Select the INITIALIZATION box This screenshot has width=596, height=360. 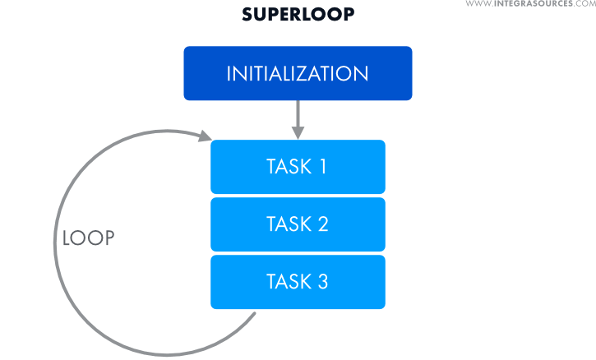[x=298, y=73]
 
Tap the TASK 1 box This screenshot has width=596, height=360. [x=298, y=167]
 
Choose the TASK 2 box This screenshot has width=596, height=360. [x=298, y=224]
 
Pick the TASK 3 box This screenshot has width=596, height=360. [x=298, y=282]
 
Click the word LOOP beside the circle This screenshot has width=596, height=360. [x=89, y=238]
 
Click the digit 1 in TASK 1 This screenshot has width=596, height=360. [x=322, y=167]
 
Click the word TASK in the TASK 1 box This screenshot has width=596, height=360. [x=288, y=167]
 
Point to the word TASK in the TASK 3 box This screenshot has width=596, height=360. [x=288, y=282]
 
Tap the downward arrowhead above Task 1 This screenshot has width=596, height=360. [x=298, y=132]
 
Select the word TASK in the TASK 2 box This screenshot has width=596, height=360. [x=288, y=224]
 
